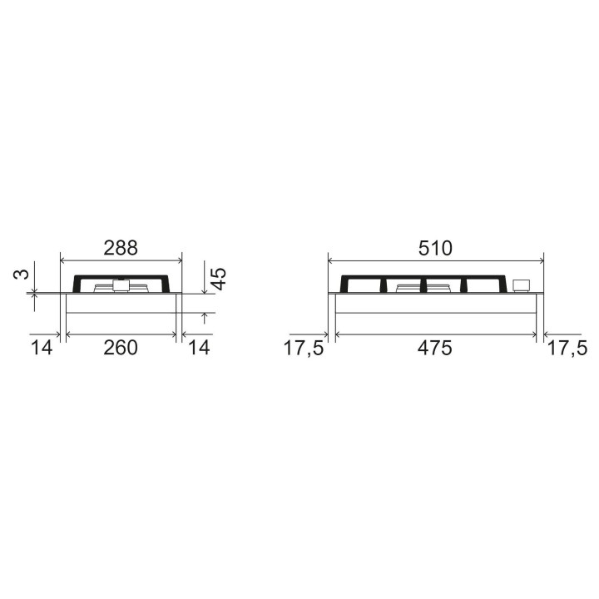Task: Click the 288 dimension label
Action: (x=121, y=248)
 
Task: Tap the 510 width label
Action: (x=435, y=248)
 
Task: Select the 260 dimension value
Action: (x=121, y=348)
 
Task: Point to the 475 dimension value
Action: (x=435, y=348)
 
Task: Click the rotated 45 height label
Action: (x=219, y=279)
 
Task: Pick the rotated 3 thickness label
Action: (x=22, y=274)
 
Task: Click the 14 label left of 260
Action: (x=42, y=348)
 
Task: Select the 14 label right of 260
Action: (x=199, y=348)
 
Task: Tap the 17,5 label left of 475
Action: (x=304, y=349)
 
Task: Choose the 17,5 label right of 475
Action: (x=567, y=349)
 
